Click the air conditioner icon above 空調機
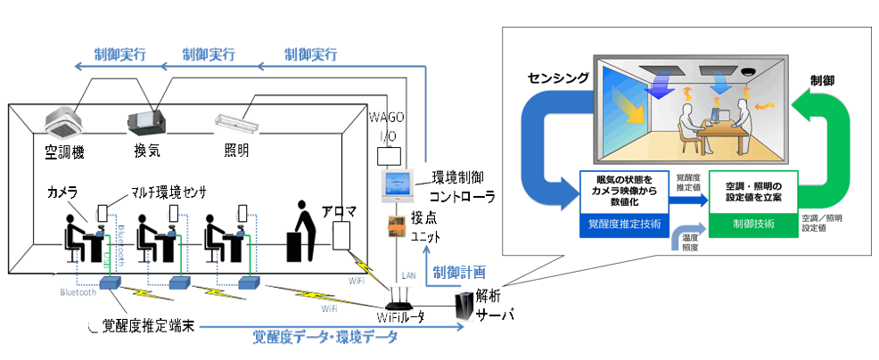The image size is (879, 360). point(63,119)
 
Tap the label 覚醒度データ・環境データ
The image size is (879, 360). point(329,337)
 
